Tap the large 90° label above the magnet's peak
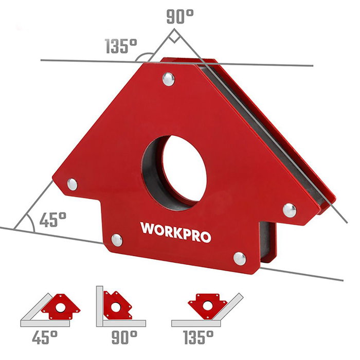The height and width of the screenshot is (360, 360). click(179, 15)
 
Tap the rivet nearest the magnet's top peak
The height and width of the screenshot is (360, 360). click(168, 78)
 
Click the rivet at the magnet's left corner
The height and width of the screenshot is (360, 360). click(73, 184)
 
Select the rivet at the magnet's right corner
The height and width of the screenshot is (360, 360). click(290, 209)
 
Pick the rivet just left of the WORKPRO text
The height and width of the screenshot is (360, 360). click(117, 239)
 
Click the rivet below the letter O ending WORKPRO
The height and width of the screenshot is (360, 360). click(239, 257)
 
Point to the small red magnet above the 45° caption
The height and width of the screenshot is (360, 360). click(60, 306)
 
